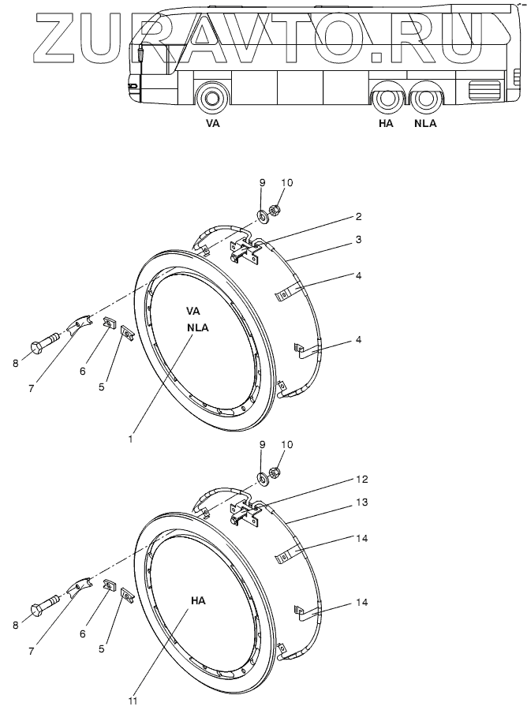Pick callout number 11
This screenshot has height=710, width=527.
133,700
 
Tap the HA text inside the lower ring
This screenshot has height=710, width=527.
197,600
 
